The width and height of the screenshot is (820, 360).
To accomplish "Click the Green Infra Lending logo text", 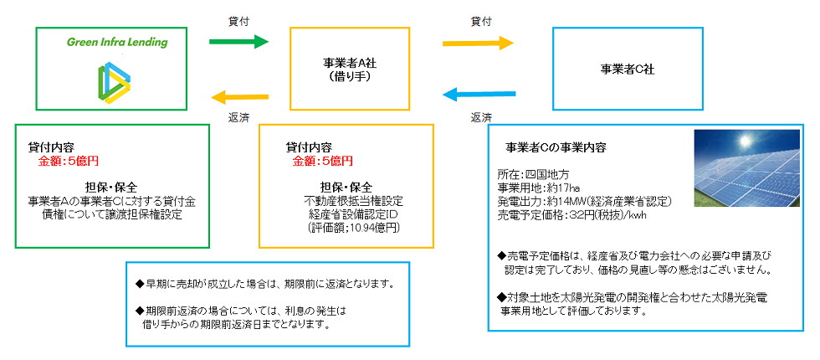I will point(118,43).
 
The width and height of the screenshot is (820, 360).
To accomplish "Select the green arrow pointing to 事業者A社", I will point(239,41).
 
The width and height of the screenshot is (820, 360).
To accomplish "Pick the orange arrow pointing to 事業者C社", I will point(478,41).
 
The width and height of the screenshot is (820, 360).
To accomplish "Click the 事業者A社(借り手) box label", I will point(349,69).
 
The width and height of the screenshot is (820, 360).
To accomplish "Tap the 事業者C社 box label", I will point(628,69).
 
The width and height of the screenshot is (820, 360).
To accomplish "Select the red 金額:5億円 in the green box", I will point(69,161).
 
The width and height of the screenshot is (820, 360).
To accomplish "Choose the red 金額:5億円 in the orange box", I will point(322,161).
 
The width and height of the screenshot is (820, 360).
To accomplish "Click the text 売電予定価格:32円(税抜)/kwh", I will point(573,214).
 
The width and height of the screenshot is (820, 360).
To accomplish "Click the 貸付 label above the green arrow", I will point(238,18).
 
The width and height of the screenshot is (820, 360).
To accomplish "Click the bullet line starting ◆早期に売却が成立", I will point(259,282).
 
